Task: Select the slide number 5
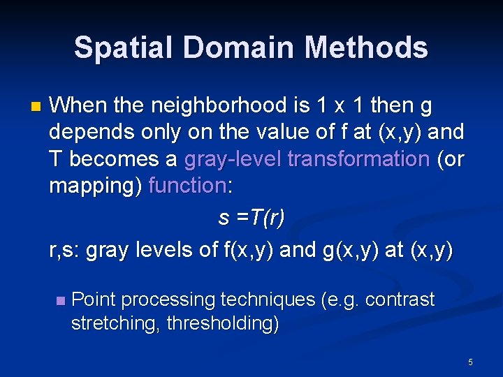(x=470, y=362)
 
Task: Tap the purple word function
(x=187, y=186)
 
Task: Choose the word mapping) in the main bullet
(x=96, y=186)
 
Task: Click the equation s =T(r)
(x=251, y=219)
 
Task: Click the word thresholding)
(x=224, y=324)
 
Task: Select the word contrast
(x=400, y=300)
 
